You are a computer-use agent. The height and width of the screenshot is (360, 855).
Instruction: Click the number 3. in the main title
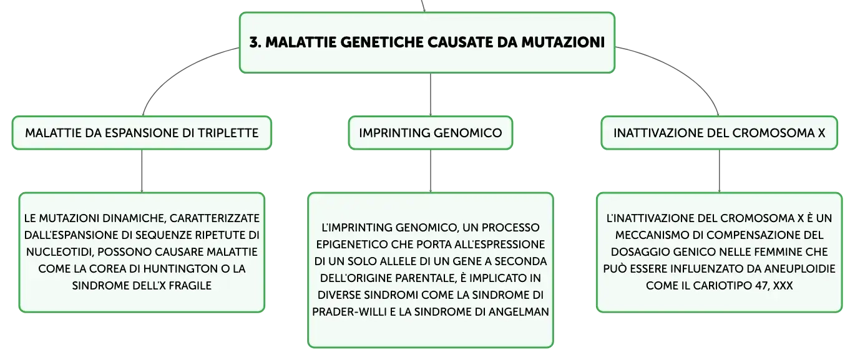255,42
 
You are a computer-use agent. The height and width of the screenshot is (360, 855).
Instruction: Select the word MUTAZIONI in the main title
563,42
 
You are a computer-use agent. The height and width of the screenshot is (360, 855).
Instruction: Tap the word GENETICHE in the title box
382,42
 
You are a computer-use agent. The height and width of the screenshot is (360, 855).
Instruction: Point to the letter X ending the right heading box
821,133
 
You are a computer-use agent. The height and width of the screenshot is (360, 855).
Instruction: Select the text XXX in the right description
783,286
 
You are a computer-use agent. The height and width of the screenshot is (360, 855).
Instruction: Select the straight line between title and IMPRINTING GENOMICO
431,94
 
